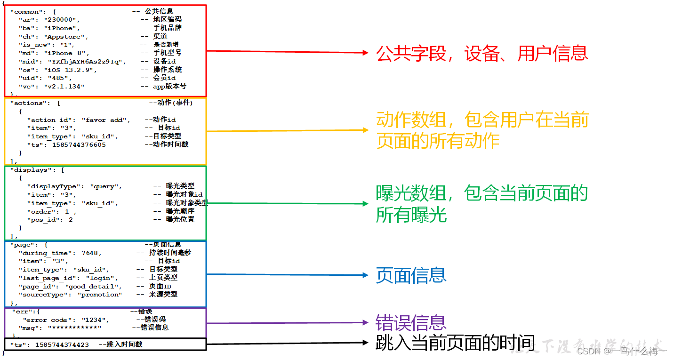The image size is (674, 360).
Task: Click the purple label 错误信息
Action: pyautogui.click(x=411, y=323)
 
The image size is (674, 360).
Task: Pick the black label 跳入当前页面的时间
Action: pyautogui.click(x=456, y=343)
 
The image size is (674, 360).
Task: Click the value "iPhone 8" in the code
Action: pyautogui.click(x=67, y=53)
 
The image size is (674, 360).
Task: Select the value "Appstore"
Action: pyautogui.click(x=66, y=36)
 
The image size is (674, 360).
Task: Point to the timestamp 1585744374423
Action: pyautogui.click(x=62, y=345)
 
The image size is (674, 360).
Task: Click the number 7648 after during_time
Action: pyautogui.click(x=90, y=253)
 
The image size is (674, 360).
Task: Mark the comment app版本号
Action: pyautogui.click(x=169, y=87)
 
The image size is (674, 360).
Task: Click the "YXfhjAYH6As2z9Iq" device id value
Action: pyautogui.click(x=86, y=62)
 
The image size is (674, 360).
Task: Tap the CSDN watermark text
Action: pyautogui.click(x=621, y=351)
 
